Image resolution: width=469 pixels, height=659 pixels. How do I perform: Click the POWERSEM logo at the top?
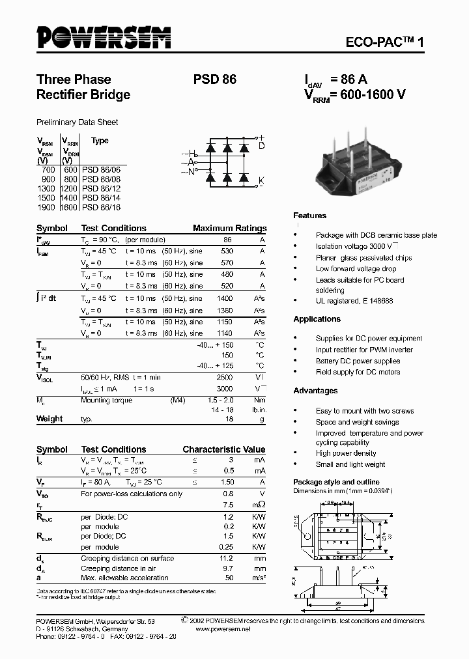coord(104,38)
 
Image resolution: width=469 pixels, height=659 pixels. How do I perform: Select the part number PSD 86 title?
coord(214,79)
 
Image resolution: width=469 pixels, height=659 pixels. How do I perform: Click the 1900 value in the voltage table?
coord(49,207)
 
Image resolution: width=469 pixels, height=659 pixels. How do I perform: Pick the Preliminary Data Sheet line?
coord(77,122)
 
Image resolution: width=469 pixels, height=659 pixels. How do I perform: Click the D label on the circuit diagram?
coord(261,147)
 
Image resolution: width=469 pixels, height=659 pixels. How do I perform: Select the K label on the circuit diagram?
coord(261,180)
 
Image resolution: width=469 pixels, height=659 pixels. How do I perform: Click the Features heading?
coord(309,216)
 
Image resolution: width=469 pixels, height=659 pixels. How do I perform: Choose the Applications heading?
coord(317,319)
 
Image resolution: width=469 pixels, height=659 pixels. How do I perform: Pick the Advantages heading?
coord(315,391)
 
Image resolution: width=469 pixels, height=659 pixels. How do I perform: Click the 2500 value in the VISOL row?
coord(223,377)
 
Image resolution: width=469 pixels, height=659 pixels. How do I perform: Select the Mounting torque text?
coord(106,400)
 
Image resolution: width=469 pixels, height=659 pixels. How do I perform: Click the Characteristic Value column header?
coord(223,449)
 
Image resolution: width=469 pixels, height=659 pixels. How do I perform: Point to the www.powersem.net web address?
coord(222,629)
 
